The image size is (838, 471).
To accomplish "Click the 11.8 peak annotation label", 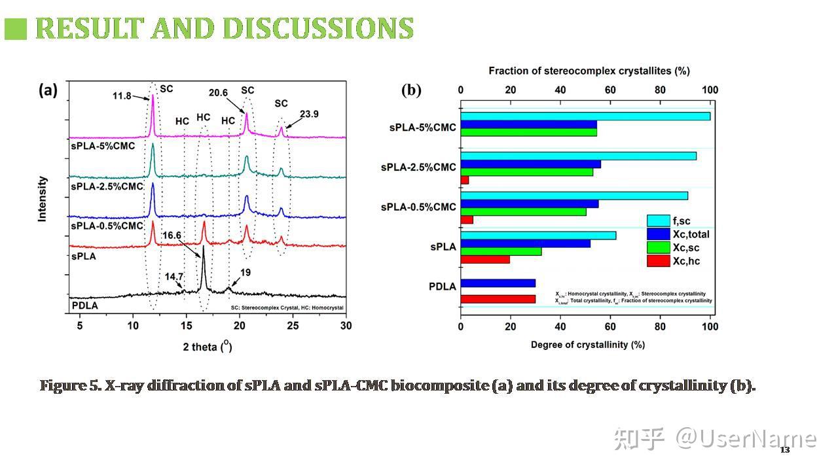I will [122, 96].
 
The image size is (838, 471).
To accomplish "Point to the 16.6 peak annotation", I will [172, 235].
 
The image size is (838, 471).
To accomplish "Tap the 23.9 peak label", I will [310, 114].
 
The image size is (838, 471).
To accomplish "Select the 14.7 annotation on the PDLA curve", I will [174, 277].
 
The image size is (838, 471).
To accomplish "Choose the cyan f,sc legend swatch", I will [657, 221].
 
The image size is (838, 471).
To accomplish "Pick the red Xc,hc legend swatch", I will [657, 261].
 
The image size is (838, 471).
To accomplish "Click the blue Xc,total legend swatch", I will [657, 234].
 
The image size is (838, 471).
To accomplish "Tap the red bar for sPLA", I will [484, 260].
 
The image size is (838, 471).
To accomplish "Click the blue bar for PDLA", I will [498, 283].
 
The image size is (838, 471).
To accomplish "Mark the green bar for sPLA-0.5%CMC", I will [523, 211].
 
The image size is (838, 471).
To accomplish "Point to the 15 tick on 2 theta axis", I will [187, 326].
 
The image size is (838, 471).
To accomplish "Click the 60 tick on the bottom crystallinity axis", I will [610, 326].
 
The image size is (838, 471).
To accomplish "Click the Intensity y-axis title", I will [43, 198].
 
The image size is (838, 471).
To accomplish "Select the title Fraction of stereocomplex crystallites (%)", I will [589, 71].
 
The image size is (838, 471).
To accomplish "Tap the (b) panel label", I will [411, 90].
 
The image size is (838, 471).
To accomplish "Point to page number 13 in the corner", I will [784, 450].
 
